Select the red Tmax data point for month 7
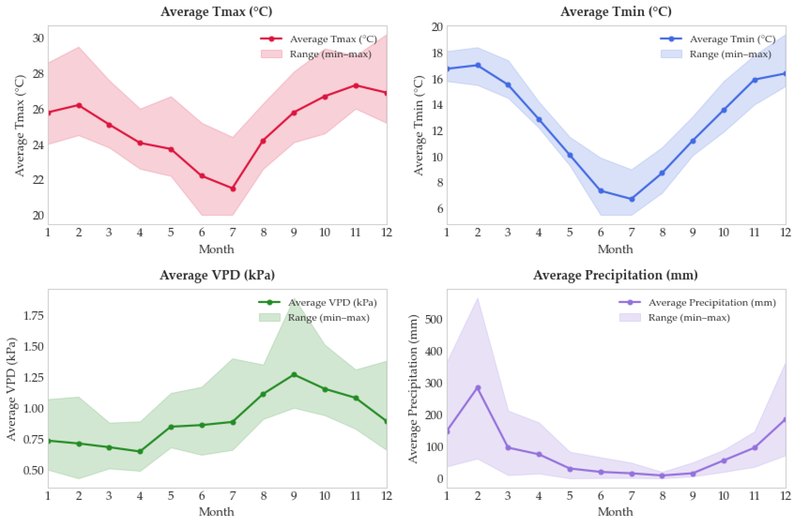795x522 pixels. point(233,189)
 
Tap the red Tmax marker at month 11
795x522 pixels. point(356,86)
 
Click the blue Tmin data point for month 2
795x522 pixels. point(478,65)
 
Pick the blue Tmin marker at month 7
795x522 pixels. point(632,199)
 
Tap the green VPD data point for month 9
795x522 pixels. point(294,375)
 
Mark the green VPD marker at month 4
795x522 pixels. point(140,452)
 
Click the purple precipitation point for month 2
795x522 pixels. point(478,388)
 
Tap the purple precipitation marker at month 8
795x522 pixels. point(662,475)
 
